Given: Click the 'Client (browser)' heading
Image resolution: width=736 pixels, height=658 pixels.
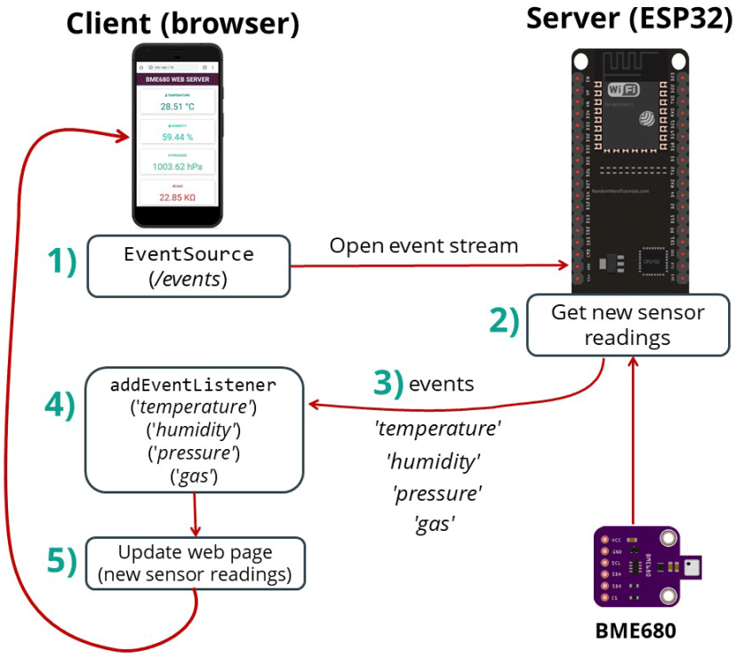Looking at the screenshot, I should pyautogui.click(x=182, y=24).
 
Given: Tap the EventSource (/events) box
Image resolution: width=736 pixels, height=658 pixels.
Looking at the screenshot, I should pyautogui.click(x=188, y=266).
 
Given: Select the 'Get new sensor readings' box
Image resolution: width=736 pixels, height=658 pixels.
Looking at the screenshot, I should pyautogui.click(x=628, y=325).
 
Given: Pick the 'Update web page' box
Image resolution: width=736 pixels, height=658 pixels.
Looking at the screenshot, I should pyautogui.click(x=195, y=563).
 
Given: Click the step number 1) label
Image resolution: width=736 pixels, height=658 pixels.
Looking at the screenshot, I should pyautogui.click(x=61, y=262).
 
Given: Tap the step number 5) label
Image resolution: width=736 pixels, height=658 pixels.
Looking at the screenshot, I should pyautogui.click(x=61, y=562).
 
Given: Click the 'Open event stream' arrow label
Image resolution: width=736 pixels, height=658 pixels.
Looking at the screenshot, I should pyautogui.click(x=423, y=245).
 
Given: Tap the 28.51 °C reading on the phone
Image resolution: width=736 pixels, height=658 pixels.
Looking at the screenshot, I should pyautogui.click(x=177, y=106).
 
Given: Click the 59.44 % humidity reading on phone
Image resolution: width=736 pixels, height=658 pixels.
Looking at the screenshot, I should pyautogui.click(x=177, y=137).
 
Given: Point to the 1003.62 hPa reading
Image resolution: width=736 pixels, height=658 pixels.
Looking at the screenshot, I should pyautogui.click(x=177, y=166).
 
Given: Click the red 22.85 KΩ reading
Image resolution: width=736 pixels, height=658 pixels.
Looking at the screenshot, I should pyautogui.click(x=177, y=197).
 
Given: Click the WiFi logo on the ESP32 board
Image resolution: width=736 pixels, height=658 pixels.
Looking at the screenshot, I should pyautogui.click(x=614, y=90).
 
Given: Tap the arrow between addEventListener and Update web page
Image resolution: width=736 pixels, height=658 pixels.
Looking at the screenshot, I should pyautogui.click(x=195, y=513).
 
